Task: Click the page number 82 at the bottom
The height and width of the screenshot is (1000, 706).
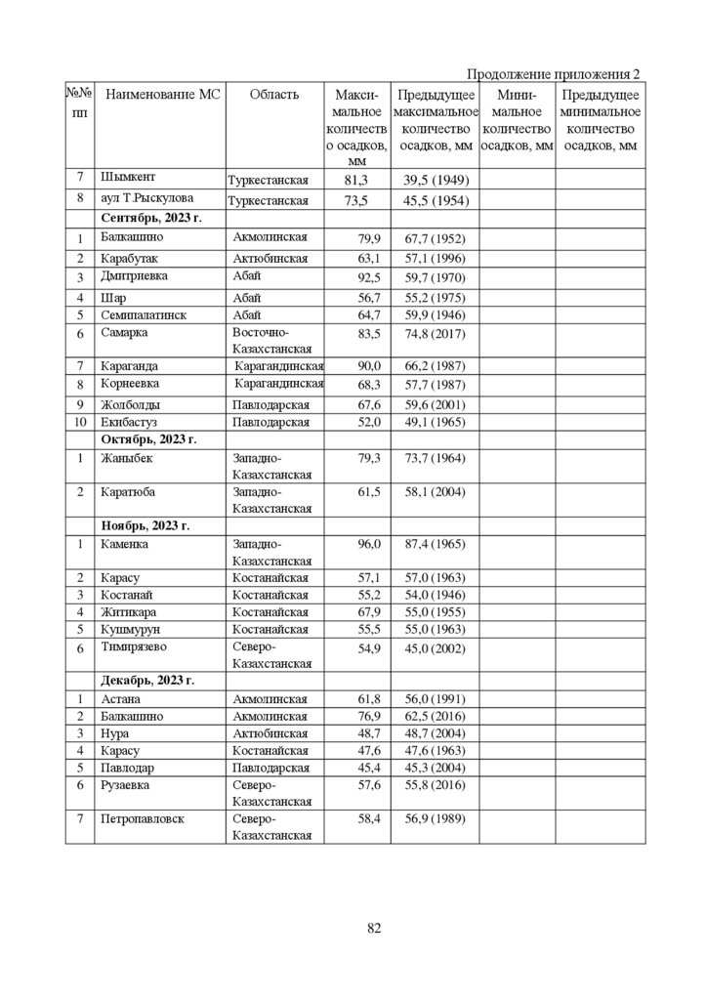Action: [374, 928]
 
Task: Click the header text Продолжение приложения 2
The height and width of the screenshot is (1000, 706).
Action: [554, 75]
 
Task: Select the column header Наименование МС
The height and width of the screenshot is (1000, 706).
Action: [163, 95]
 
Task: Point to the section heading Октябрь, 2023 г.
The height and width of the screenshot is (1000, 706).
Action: [148, 439]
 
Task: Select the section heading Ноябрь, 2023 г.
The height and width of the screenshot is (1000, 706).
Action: [145, 525]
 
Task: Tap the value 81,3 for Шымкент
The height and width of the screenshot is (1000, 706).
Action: [355, 181]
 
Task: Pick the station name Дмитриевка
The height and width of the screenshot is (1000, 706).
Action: [135, 276]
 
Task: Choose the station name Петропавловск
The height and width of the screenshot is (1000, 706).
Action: [143, 818]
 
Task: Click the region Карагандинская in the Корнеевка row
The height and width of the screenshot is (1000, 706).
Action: [279, 386]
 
